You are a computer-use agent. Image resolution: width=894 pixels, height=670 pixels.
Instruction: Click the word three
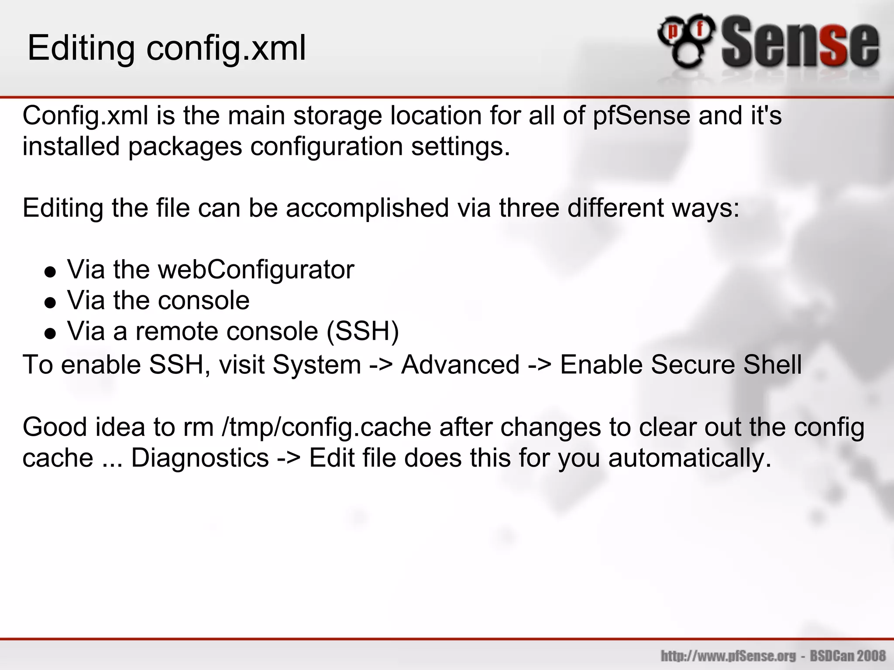click(529, 208)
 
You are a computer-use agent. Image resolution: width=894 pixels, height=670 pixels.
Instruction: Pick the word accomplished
click(367, 208)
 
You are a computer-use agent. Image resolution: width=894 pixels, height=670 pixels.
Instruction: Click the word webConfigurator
click(256, 270)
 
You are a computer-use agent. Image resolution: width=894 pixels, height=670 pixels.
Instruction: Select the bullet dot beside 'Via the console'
click(51, 303)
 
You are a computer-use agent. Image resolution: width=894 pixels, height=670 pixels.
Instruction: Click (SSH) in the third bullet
click(363, 332)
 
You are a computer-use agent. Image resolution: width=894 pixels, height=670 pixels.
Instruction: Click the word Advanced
click(461, 365)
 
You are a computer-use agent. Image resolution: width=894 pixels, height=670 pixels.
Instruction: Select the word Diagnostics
click(200, 458)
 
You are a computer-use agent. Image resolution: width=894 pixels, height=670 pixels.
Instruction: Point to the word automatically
click(690, 458)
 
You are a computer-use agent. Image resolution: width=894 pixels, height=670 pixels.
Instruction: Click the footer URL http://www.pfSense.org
click(728, 656)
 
